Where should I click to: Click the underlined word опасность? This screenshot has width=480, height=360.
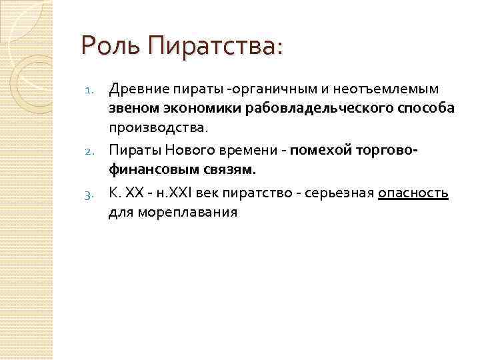coord(413,193)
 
